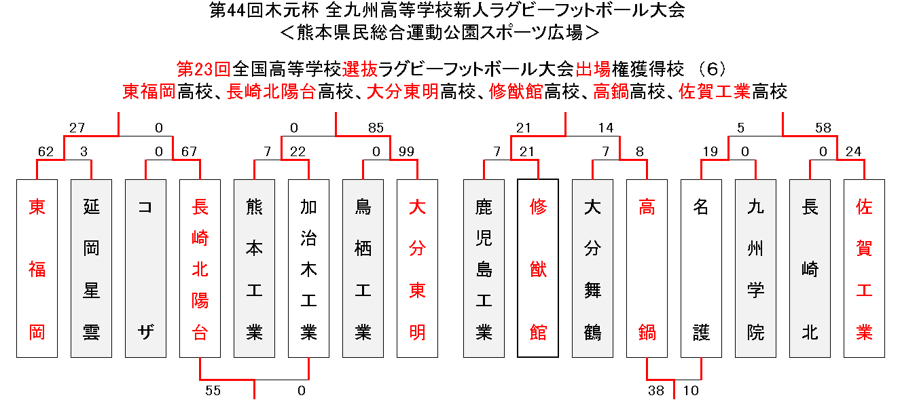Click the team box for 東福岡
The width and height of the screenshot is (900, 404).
tap(37, 268)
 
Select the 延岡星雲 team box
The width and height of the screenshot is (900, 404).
tap(91, 268)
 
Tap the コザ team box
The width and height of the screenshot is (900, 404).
tap(145, 268)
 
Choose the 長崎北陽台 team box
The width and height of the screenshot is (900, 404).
tap(200, 268)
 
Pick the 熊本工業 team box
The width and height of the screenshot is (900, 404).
tap(254, 268)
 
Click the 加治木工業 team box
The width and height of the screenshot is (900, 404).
tap(308, 268)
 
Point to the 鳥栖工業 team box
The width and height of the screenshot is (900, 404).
tap(363, 268)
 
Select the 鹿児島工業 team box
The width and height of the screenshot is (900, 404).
tap(484, 268)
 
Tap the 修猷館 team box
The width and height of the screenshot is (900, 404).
tap(538, 268)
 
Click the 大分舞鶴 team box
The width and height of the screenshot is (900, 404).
tap(592, 268)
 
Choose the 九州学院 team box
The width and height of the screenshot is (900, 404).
tap(755, 268)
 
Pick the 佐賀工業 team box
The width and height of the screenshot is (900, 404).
tap(864, 268)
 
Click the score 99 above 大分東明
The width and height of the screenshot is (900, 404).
tap(406, 152)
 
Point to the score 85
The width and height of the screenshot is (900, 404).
tap(376, 128)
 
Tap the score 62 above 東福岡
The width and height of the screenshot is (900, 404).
tap(46, 152)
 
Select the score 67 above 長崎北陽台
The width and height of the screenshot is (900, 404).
tap(189, 152)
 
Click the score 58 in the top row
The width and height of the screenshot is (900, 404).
tap(823, 128)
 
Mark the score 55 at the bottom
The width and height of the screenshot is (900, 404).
tap(213, 390)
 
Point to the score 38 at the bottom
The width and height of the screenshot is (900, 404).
tap(656, 390)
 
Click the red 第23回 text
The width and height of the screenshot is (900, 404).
tap(204, 69)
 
